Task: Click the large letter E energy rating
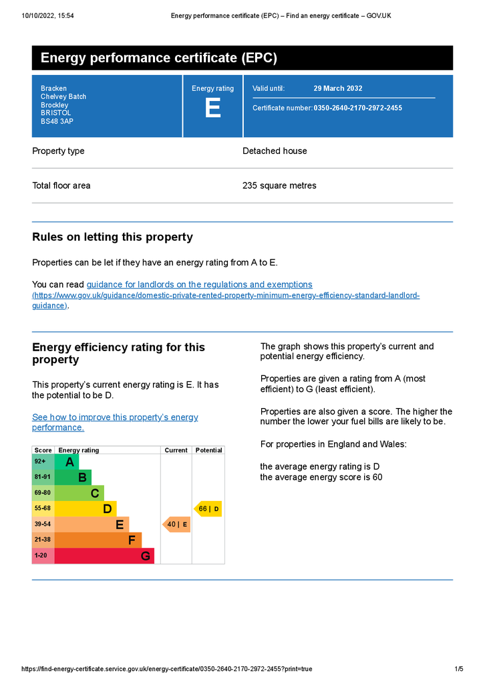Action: click(x=212, y=109)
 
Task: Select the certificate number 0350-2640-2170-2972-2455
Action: click(x=357, y=108)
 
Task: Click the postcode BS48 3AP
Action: click(x=57, y=122)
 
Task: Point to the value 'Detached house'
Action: click(x=275, y=151)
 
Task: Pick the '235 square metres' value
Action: click(x=279, y=185)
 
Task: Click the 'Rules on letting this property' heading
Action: click(x=112, y=237)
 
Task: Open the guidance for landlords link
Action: click(x=199, y=284)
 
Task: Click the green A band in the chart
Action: click(x=67, y=462)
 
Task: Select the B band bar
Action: click(x=73, y=478)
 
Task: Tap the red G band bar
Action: click(x=104, y=556)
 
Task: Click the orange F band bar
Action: click(x=98, y=540)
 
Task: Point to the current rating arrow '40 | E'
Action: click(x=176, y=524)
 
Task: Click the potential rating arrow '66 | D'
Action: click(x=208, y=509)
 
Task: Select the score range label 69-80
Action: click(x=42, y=493)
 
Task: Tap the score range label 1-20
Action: click(x=41, y=556)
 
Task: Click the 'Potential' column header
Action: click(x=208, y=450)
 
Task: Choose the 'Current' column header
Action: click(x=176, y=450)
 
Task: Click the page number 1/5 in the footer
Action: click(x=459, y=669)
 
